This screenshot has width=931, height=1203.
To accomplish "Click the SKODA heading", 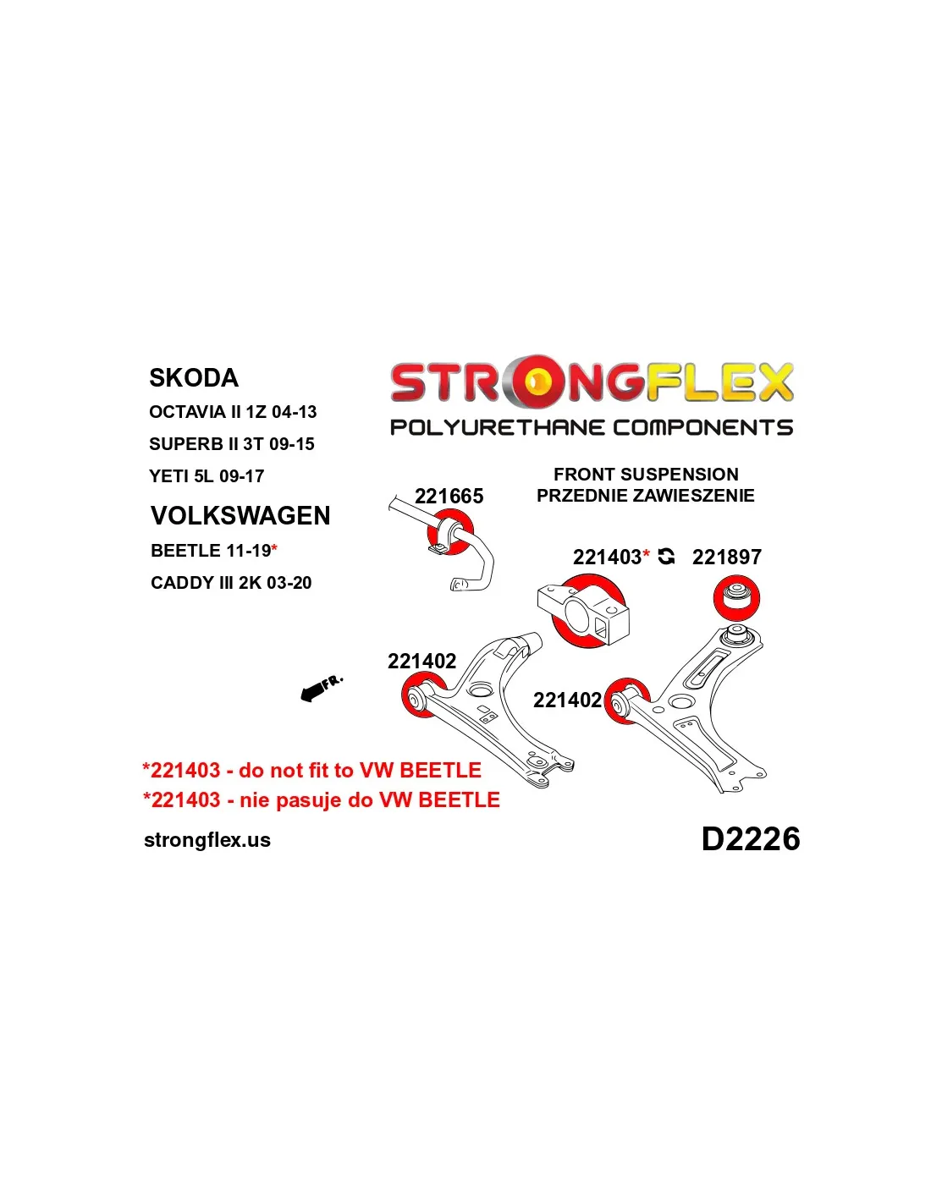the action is (x=193, y=377).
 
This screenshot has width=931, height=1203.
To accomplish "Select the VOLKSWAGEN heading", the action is (x=240, y=515).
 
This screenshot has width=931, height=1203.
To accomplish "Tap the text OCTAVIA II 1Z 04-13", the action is (x=233, y=412).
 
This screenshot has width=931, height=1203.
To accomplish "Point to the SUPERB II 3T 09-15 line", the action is (x=232, y=444).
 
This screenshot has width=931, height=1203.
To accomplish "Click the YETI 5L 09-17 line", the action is (x=207, y=476).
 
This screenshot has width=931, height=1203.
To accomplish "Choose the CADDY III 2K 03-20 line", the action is (x=231, y=582).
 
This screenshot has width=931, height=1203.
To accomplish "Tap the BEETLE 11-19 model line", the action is (x=214, y=550).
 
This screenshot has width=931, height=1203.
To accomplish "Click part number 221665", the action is (x=449, y=496).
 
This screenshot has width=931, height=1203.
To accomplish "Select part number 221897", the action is (x=727, y=557).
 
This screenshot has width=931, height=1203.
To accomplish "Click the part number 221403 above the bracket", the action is (x=607, y=557).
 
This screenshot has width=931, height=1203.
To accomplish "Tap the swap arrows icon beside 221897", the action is (x=666, y=557).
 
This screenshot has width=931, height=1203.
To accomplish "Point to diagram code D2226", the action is (x=751, y=838).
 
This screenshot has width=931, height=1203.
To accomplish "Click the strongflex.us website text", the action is (x=207, y=840).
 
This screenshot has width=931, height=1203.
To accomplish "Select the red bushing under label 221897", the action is (x=736, y=598).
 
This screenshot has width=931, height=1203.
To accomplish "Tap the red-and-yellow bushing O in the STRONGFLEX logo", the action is (x=537, y=382).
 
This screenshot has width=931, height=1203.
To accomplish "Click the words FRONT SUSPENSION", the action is (x=646, y=475).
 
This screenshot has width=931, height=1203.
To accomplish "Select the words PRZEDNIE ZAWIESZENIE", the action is (x=645, y=496).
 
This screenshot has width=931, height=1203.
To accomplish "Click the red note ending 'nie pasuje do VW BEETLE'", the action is (x=322, y=800).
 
